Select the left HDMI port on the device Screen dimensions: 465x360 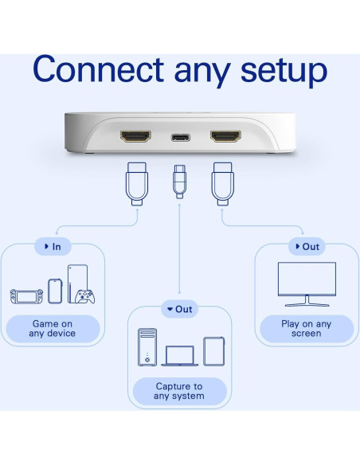click(135, 137)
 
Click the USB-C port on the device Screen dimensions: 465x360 click(179, 137)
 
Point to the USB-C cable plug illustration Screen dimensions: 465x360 click(179, 182)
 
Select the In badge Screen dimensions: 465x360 click(53, 247)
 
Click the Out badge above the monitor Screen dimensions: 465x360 click(307, 247)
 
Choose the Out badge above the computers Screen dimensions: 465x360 click(179, 309)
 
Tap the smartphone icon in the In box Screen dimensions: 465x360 click(55, 291)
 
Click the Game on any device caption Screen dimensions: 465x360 click(53, 329)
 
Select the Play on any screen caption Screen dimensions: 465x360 click(307, 329)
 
